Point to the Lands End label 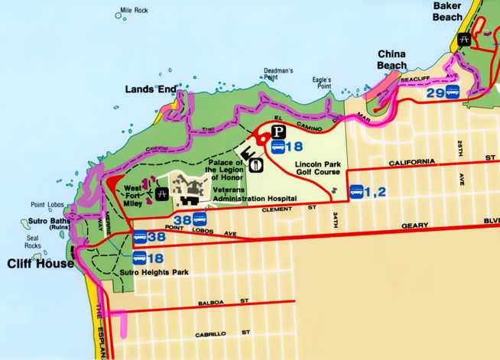pyautogui.click(x=150, y=89)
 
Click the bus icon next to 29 pyautogui.click(x=453, y=92)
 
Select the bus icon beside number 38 pyautogui.click(x=140, y=238)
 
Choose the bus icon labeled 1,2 pyautogui.click(x=356, y=192)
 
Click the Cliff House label pyautogui.click(x=41, y=264)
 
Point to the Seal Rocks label pyautogui.click(x=33, y=241)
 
